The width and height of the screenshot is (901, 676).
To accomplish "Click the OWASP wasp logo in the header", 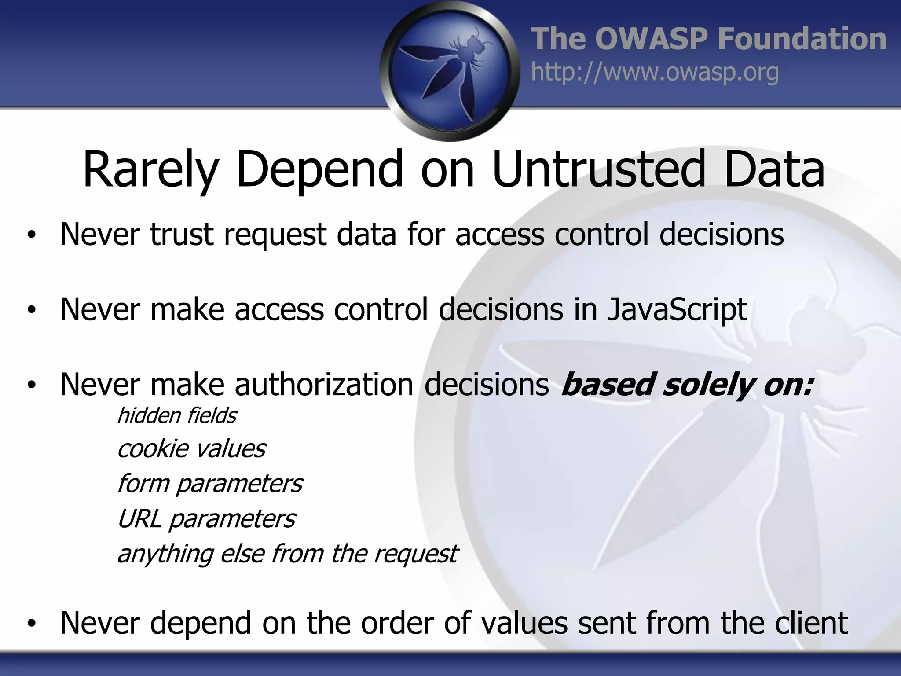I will pos(450,70).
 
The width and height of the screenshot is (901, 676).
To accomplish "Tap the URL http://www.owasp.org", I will pos(655,72).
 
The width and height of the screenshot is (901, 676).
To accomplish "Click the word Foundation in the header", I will pos(802,39).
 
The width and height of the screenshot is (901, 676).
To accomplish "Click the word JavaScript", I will pos(677,310).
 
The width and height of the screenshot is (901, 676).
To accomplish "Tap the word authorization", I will pos(324,385).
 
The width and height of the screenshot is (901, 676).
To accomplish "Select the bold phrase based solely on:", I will pos(687,385).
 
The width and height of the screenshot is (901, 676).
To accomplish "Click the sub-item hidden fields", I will pos(177,416).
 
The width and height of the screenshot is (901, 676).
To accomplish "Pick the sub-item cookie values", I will pos(191,449).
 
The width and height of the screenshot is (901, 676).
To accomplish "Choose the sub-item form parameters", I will pos(210,484).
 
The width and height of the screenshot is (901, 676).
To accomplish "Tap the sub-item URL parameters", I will pos(206,519).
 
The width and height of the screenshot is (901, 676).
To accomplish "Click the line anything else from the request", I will pos(287,554).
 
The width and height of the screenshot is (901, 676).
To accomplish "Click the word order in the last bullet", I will pos(395,623).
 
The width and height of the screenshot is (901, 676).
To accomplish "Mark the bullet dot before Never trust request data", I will pos(31,235).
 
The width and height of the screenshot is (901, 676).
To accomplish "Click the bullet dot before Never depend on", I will pos(31,624).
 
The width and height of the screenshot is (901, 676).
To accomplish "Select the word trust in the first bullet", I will pos(182,234).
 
